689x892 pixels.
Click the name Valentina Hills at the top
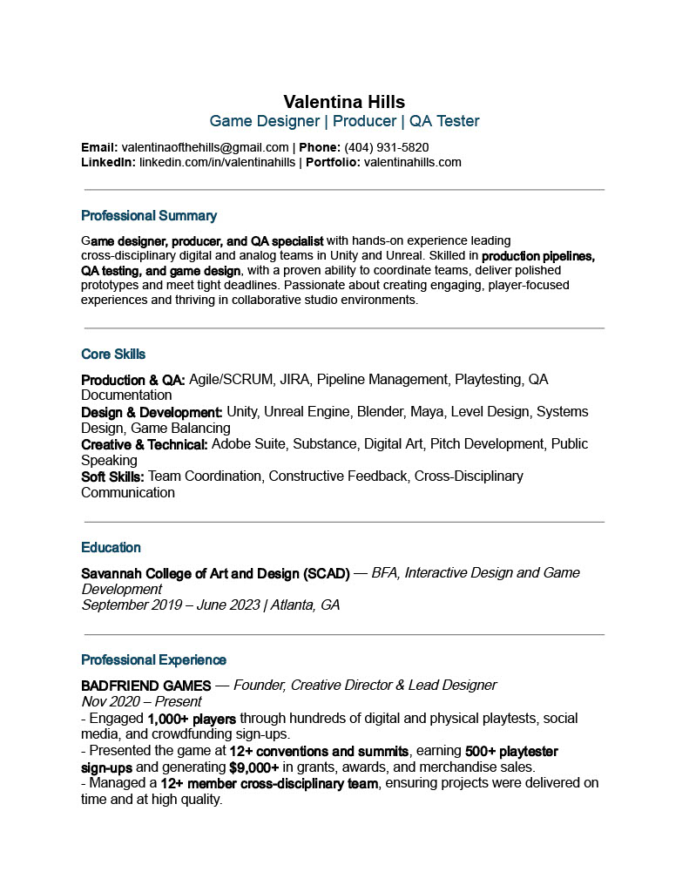344,102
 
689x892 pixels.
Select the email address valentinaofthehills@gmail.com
205,147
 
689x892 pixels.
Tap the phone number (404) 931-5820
386,147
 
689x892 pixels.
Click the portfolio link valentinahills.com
412,162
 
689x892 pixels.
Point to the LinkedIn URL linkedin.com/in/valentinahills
217,162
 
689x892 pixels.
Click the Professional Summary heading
149,216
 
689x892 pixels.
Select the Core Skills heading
113,355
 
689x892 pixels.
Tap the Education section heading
111,548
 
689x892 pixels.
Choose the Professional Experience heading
153,660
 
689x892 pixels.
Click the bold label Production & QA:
133,380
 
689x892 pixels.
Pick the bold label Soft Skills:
112,476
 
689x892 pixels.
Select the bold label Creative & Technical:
145,444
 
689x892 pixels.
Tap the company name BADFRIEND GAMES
145,686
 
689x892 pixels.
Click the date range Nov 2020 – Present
141,701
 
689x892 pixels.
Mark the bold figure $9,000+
254,767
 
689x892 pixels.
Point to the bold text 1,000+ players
192,719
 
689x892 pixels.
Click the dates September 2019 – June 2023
170,605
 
